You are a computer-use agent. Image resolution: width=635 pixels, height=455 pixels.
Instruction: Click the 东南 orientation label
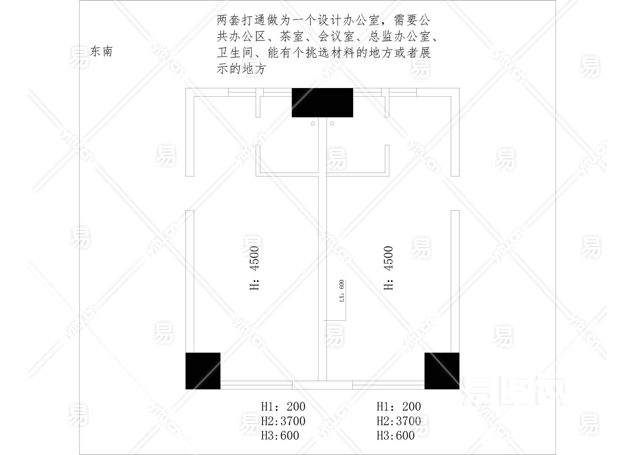click(x=102, y=52)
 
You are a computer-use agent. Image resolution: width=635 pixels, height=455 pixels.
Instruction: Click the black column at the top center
click(x=322, y=103)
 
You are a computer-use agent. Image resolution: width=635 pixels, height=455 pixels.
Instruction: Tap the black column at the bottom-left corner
click(x=203, y=371)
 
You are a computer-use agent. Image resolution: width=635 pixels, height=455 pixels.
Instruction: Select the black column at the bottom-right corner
click(x=442, y=371)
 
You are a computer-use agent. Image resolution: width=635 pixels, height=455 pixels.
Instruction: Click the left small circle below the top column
click(x=313, y=124)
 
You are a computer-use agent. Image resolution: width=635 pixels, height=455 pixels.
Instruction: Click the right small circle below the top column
click(x=332, y=124)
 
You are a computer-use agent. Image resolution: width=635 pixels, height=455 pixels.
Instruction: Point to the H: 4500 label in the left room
click(x=254, y=268)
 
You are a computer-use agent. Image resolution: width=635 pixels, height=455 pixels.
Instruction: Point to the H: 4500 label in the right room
click(x=388, y=268)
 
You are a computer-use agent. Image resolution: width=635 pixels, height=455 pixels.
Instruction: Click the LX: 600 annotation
click(x=342, y=291)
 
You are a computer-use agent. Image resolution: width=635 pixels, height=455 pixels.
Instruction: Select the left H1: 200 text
click(x=283, y=406)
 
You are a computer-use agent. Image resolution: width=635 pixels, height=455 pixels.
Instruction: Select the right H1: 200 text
click(x=399, y=406)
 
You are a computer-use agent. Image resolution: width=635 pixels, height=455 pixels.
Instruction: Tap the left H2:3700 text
click(x=283, y=421)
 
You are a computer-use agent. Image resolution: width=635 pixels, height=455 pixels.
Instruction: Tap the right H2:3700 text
click(x=399, y=421)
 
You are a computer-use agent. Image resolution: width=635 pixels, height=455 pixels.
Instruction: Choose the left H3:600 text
click(x=280, y=435)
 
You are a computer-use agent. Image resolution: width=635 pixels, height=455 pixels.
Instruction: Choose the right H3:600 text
click(x=396, y=435)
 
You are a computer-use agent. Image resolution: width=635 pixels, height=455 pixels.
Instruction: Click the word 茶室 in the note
click(x=291, y=36)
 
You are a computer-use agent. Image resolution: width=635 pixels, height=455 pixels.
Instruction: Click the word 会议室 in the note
click(x=336, y=36)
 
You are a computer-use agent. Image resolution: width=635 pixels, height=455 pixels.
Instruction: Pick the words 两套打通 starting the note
click(x=241, y=20)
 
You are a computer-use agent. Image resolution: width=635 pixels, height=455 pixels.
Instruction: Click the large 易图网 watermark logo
click(x=513, y=390)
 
